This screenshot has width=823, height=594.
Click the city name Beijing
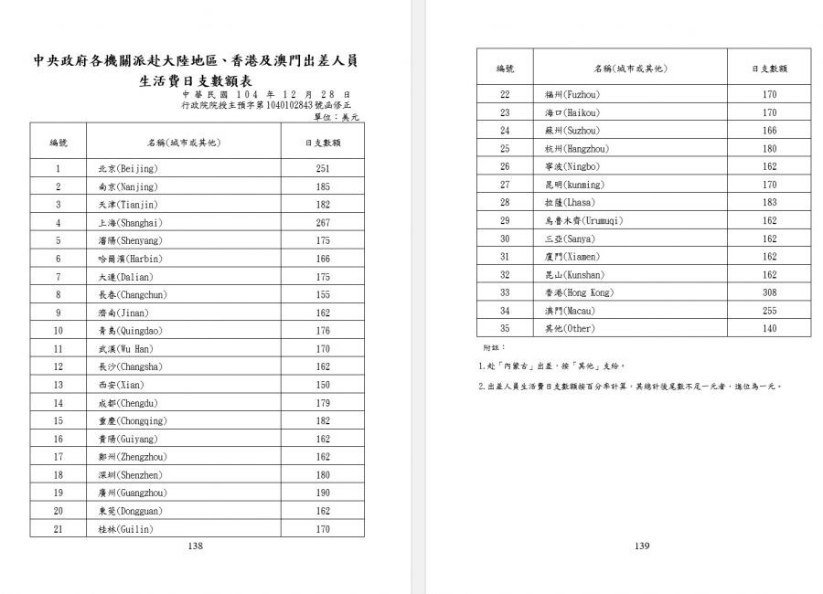pos(128,168)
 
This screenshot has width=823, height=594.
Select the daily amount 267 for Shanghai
pos(323,222)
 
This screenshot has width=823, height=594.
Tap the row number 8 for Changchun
pos(58,294)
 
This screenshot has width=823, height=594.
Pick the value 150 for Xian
pos(323,385)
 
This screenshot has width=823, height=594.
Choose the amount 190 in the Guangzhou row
pos(323,493)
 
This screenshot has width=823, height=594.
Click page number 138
pos(195,546)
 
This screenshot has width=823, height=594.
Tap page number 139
pos(641,546)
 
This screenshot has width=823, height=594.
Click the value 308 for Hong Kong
pos(769,292)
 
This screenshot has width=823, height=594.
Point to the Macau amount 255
pos(769,311)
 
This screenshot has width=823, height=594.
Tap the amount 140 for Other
pos(769,329)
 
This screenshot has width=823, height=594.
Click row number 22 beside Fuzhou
pos(505,94)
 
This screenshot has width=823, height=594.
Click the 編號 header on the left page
pos(58,143)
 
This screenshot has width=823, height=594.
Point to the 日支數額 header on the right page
pos(769,69)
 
